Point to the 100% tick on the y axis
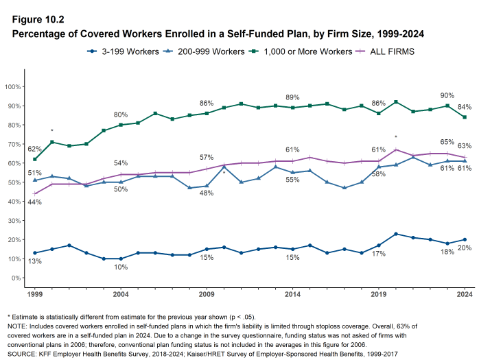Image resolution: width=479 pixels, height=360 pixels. [13, 86]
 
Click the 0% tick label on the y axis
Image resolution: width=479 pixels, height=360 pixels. [15, 278]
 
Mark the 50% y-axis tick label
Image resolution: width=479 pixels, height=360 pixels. [14, 182]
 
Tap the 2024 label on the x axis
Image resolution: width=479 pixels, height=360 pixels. [465, 294]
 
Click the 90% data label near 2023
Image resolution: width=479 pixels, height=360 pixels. [447, 95]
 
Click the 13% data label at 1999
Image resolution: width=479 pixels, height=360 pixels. [34, 262]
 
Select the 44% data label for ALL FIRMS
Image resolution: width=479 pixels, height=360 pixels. [34, 202]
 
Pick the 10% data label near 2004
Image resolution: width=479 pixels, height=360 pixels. [121, 267]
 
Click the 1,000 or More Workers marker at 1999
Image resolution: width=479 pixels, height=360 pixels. [35, 159]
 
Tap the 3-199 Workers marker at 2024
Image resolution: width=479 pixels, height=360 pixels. [465, 240]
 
